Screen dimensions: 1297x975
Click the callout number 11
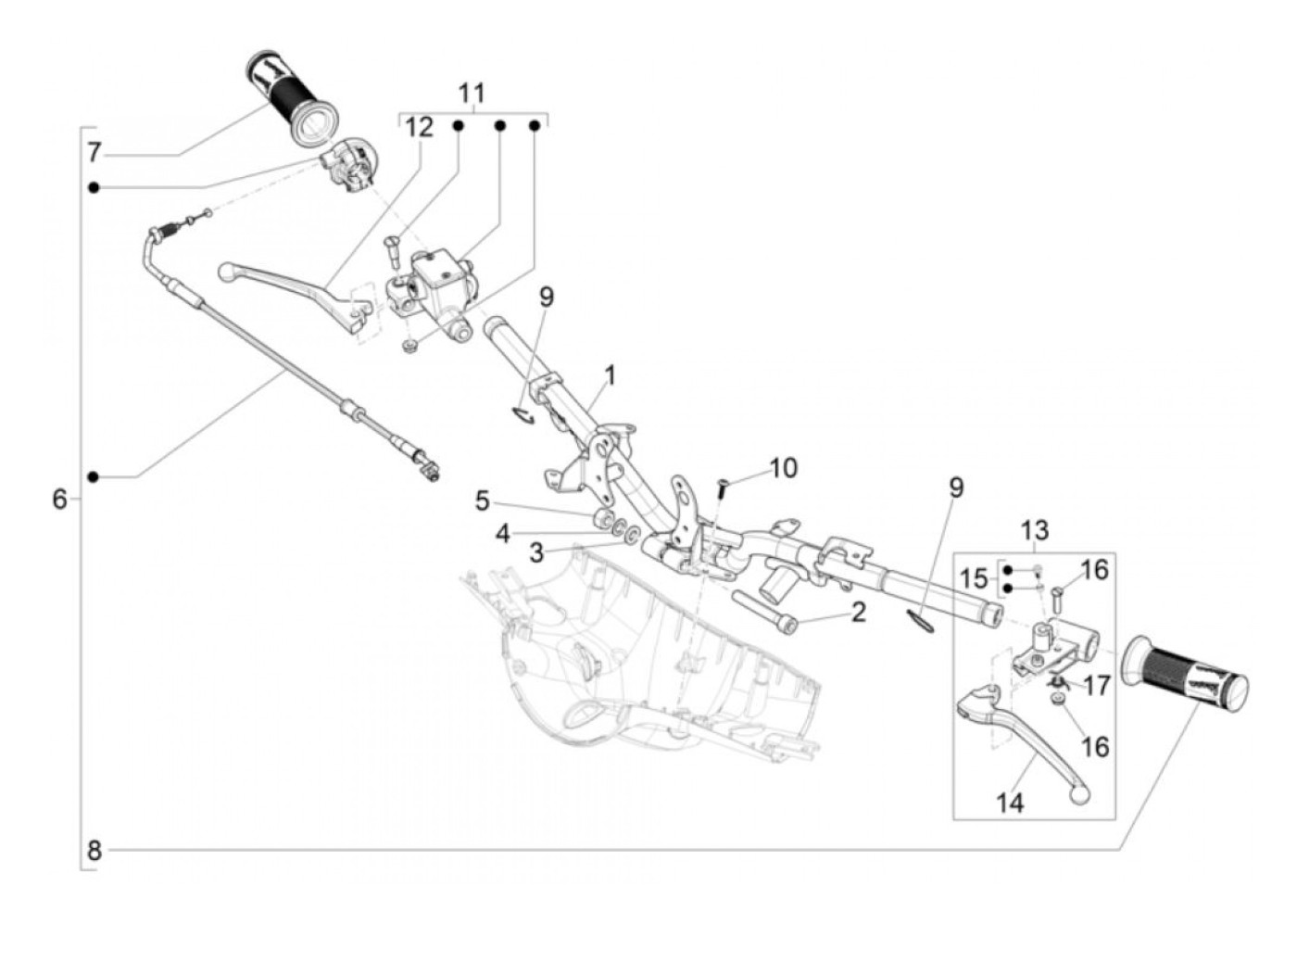click(472, 94)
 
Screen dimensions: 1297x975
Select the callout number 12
click(419, 127)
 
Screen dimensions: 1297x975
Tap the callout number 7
click(94, 153)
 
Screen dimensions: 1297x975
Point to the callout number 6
click(59, 500)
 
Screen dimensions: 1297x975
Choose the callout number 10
click(784, 468)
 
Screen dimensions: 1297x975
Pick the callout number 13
click(1035, 531)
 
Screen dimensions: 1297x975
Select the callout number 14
click(1010, 803)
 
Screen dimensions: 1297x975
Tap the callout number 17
click(1097, 686)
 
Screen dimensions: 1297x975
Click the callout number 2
click(859, 613)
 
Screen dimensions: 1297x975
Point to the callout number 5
click(483, 501)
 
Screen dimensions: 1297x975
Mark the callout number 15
click(973, 578)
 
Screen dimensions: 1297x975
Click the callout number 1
click(611, 375)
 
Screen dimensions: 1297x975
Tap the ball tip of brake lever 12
click(227, 272)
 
